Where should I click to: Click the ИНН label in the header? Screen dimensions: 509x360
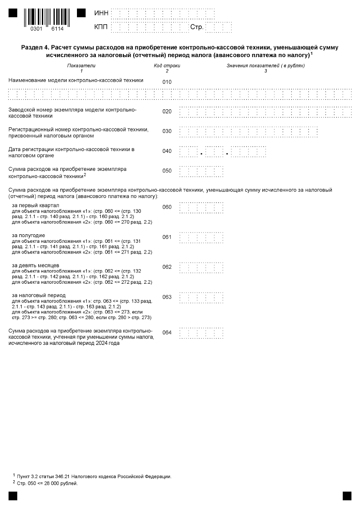pyautogui.click(x=101, y=13)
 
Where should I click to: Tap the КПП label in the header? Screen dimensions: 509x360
pyautogui.click(x=101, y=27)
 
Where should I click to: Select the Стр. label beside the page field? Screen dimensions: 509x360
pyautogui.click(x=197, y=27)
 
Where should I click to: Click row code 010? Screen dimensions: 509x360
pyautogui.click(x=167, y=82)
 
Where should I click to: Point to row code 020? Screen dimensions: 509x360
pyautogui.click(x=167, y=112)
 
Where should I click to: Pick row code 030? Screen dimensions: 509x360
pyautogui.click(x=167, y=131)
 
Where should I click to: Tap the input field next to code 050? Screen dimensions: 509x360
pyautogui.click(x=201, y=171)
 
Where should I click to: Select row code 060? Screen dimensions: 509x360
pyautogui.click(x=167, y=207)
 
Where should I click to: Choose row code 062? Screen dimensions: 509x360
pyautogui.click(x=167, y=267)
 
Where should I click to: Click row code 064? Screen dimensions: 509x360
pyautogui.click(x=167, y=333)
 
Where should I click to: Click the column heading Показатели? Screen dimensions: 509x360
pyautogui.click(x=81, y=66)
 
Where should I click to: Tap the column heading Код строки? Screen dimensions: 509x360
pyautogui.click(x=167, y=66)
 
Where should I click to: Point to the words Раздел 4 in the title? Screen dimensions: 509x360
pyautogui.click(x=36, y=47)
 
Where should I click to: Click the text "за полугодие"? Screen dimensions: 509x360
pyautogui.click(x=28, y=235)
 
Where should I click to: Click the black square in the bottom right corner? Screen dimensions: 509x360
pyautogui.click(x=347, y=496)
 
